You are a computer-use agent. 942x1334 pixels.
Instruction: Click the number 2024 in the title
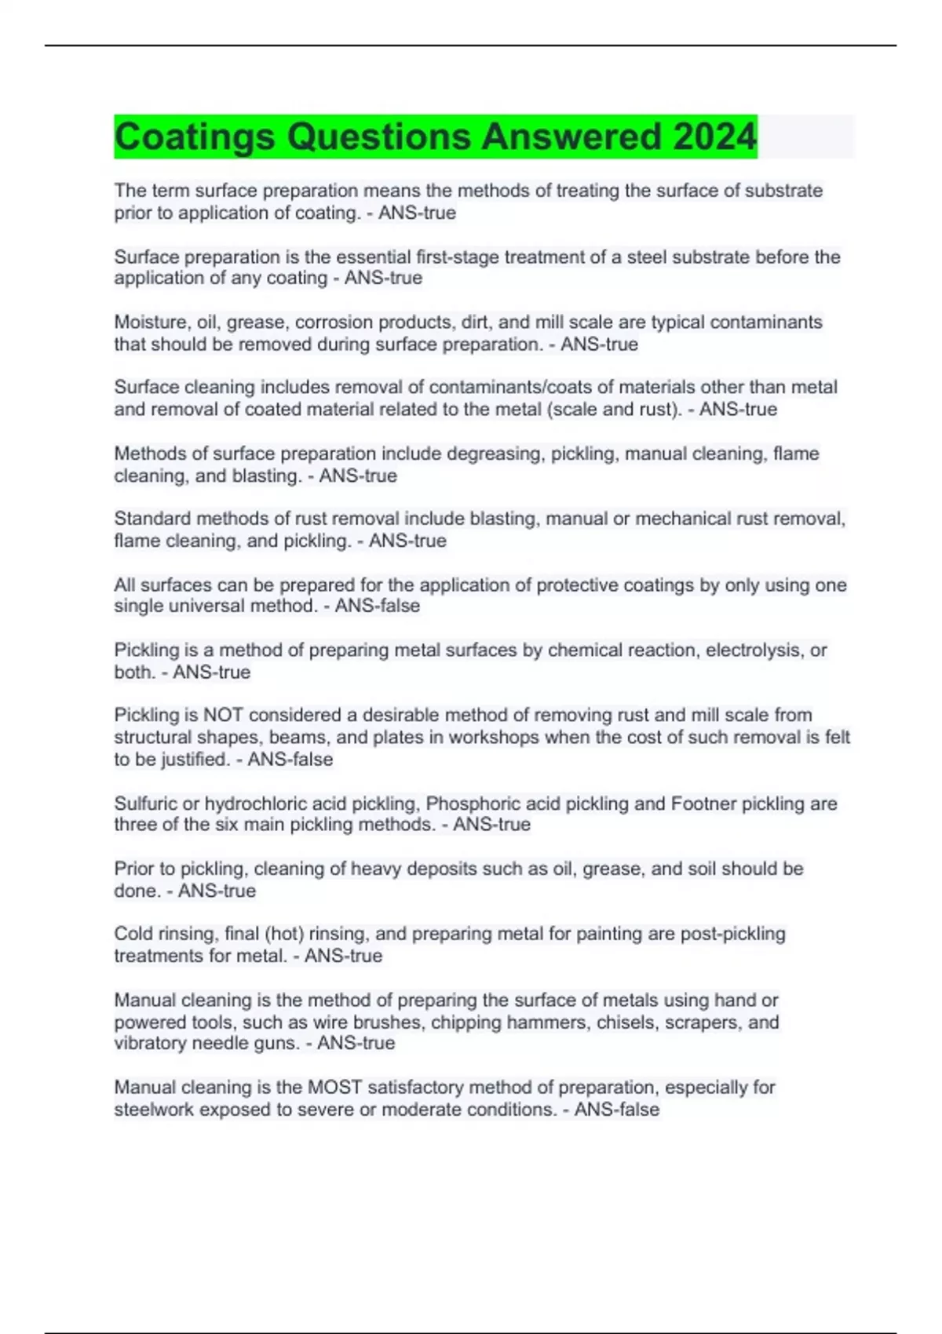714,137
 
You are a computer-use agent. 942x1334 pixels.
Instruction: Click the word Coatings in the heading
195,137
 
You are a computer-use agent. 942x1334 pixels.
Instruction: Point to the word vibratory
151,1043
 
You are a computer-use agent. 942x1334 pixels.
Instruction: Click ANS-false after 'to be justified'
290,759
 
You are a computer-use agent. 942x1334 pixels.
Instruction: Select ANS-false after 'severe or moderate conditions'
616,1109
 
